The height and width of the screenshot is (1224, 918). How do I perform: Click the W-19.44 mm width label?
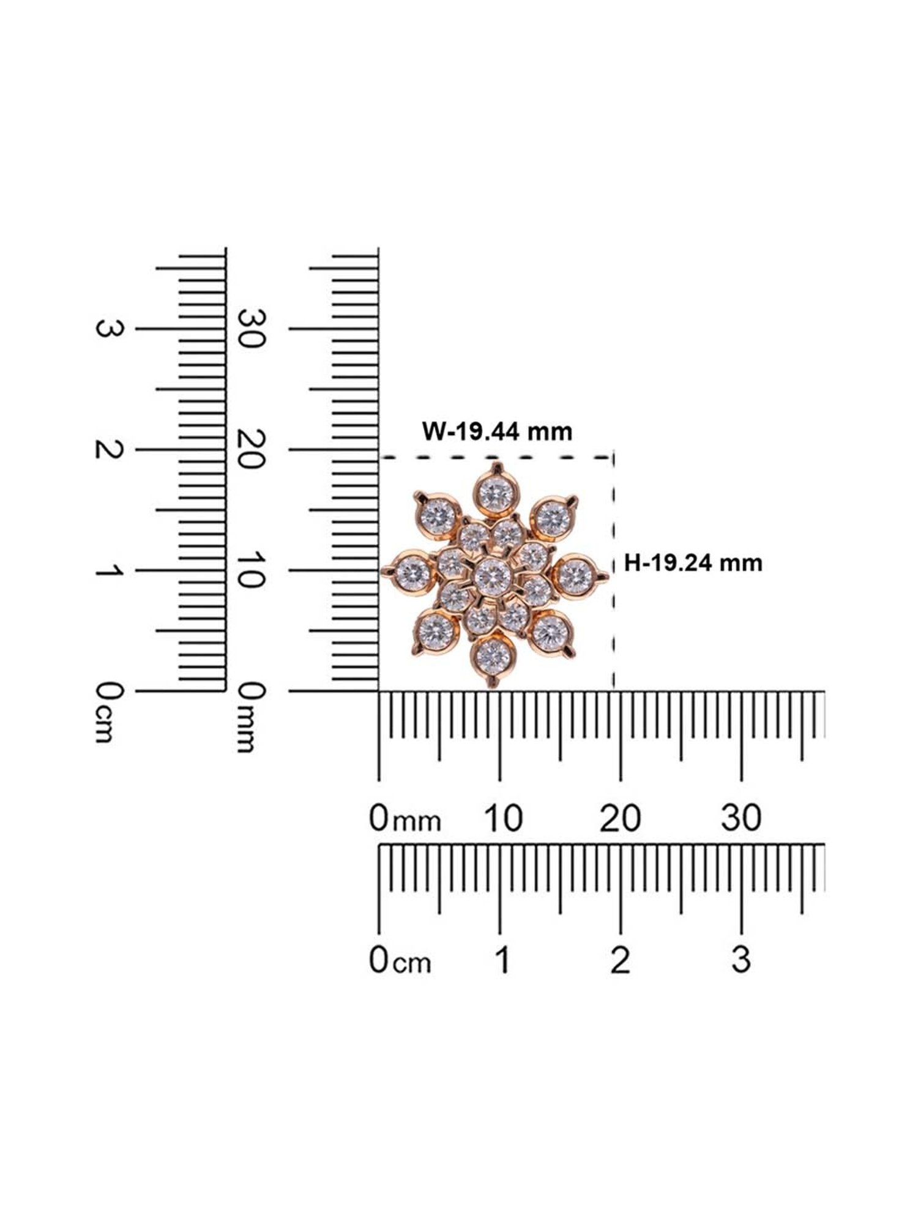click(497, 432)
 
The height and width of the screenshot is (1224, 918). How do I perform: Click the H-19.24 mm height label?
click(693, 562)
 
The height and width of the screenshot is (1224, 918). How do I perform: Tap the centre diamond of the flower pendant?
click(493, 575)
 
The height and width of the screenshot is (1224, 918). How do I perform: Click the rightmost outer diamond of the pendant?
click(575, 573)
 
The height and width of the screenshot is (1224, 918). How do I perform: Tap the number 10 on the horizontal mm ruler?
click(503, 818)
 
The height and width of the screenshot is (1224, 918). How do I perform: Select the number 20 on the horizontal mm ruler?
click(621, 818)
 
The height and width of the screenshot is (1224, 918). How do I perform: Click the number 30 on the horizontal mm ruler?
click(741, 818)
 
